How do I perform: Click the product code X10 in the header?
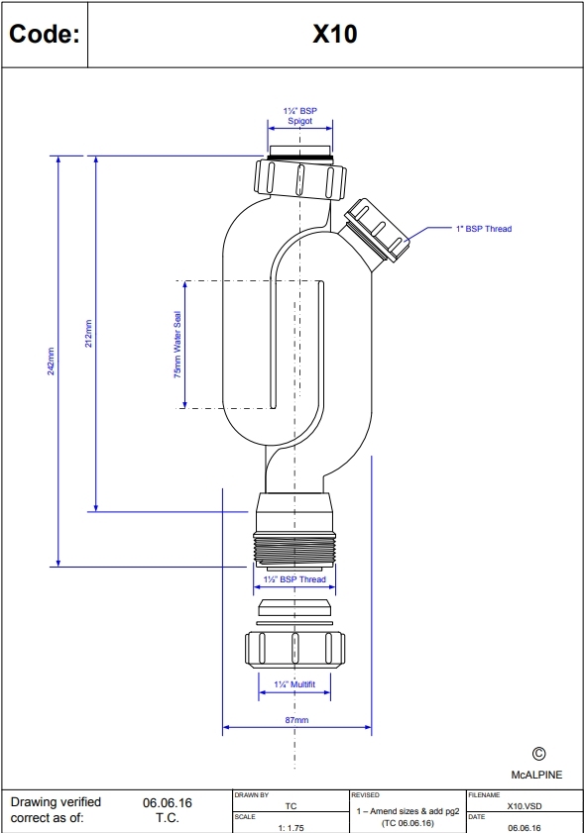(x=335, y=35)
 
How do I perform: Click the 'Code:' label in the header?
(x=44, y=35)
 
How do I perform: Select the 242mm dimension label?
(x=51, y=361)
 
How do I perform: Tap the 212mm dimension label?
(x=88, y=333)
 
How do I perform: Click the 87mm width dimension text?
(x=297, y=720)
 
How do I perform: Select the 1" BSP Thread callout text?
(x=483, y=229)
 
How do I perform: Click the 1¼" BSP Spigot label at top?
(x=299, y=116)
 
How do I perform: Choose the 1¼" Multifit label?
(x=294, y=684)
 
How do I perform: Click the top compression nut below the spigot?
(x=300, y=176)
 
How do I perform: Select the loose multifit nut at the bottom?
(x=294, y=649)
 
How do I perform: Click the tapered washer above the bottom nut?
(x=294, y=608)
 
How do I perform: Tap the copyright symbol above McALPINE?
(x=539, y=755)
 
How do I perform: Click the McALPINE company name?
(x=535, y=775)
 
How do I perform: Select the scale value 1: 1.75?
(x=291, y=825)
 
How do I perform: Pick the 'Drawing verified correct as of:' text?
(x=56, y=809)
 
